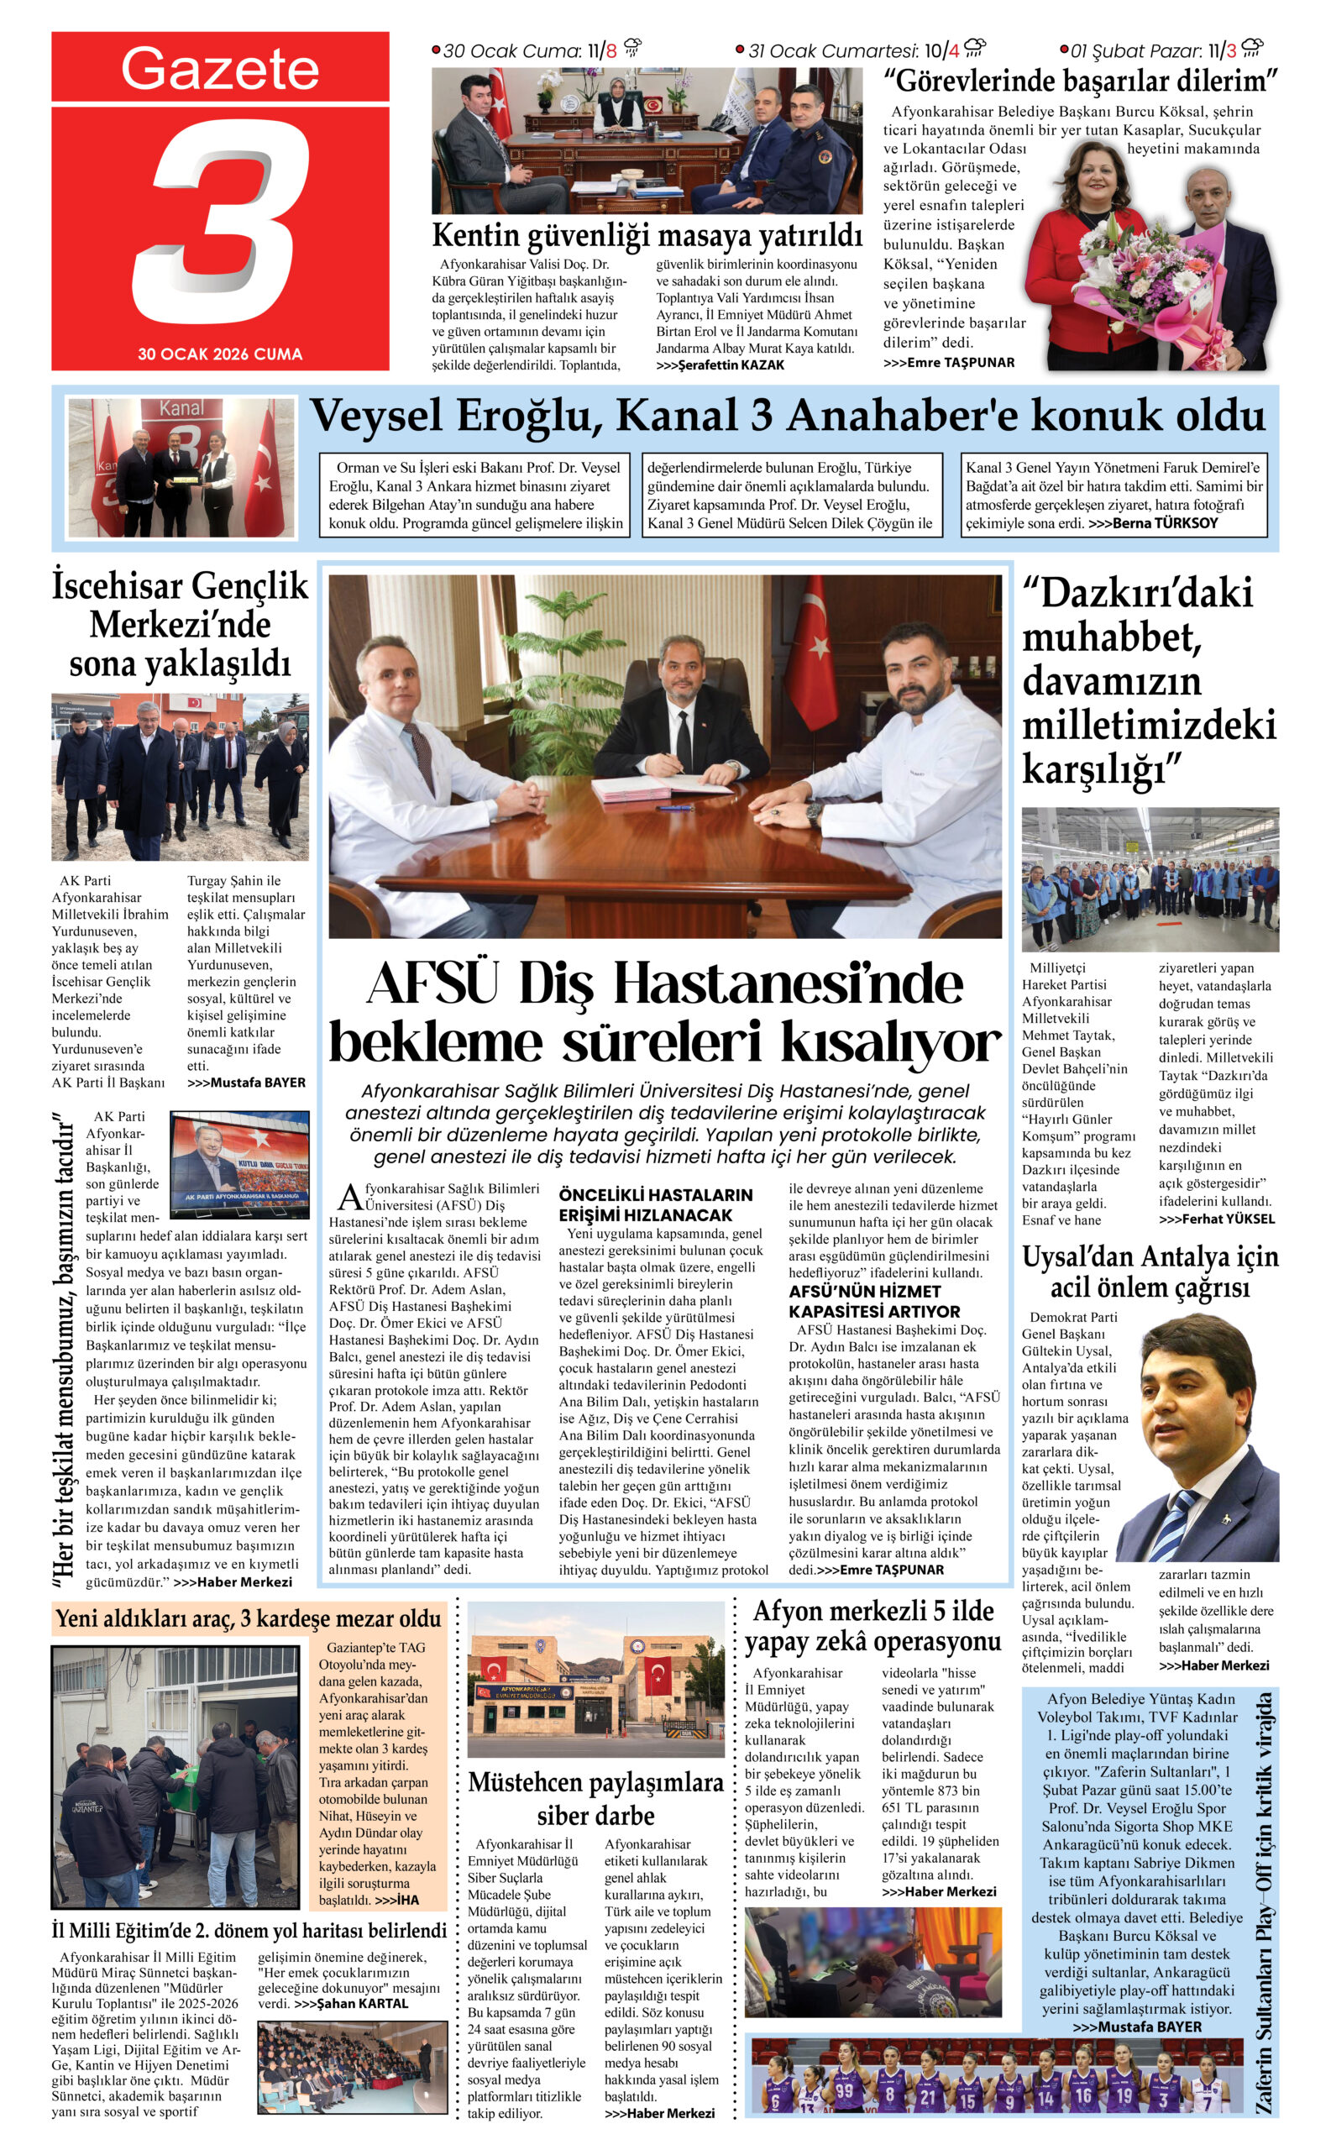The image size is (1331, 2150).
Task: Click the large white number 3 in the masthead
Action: click(x=224, y=224)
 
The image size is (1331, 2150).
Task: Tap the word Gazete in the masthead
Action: click(x=219, y=69)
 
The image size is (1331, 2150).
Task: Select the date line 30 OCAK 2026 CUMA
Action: click(x=220, y=354)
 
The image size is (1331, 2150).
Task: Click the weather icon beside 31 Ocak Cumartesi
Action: click(x=974, y=48)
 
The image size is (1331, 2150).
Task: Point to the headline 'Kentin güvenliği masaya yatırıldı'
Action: click(x=647, y=236)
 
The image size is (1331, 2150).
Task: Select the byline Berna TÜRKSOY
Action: click(x=1166, y=523)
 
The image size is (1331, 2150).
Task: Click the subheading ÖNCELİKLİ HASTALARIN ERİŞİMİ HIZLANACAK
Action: click(x=656, y=1204)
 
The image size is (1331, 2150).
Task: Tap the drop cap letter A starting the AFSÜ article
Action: click(x=349, y=1198)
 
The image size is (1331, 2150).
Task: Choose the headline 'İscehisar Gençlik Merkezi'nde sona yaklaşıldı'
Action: click(x=180, y=624)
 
